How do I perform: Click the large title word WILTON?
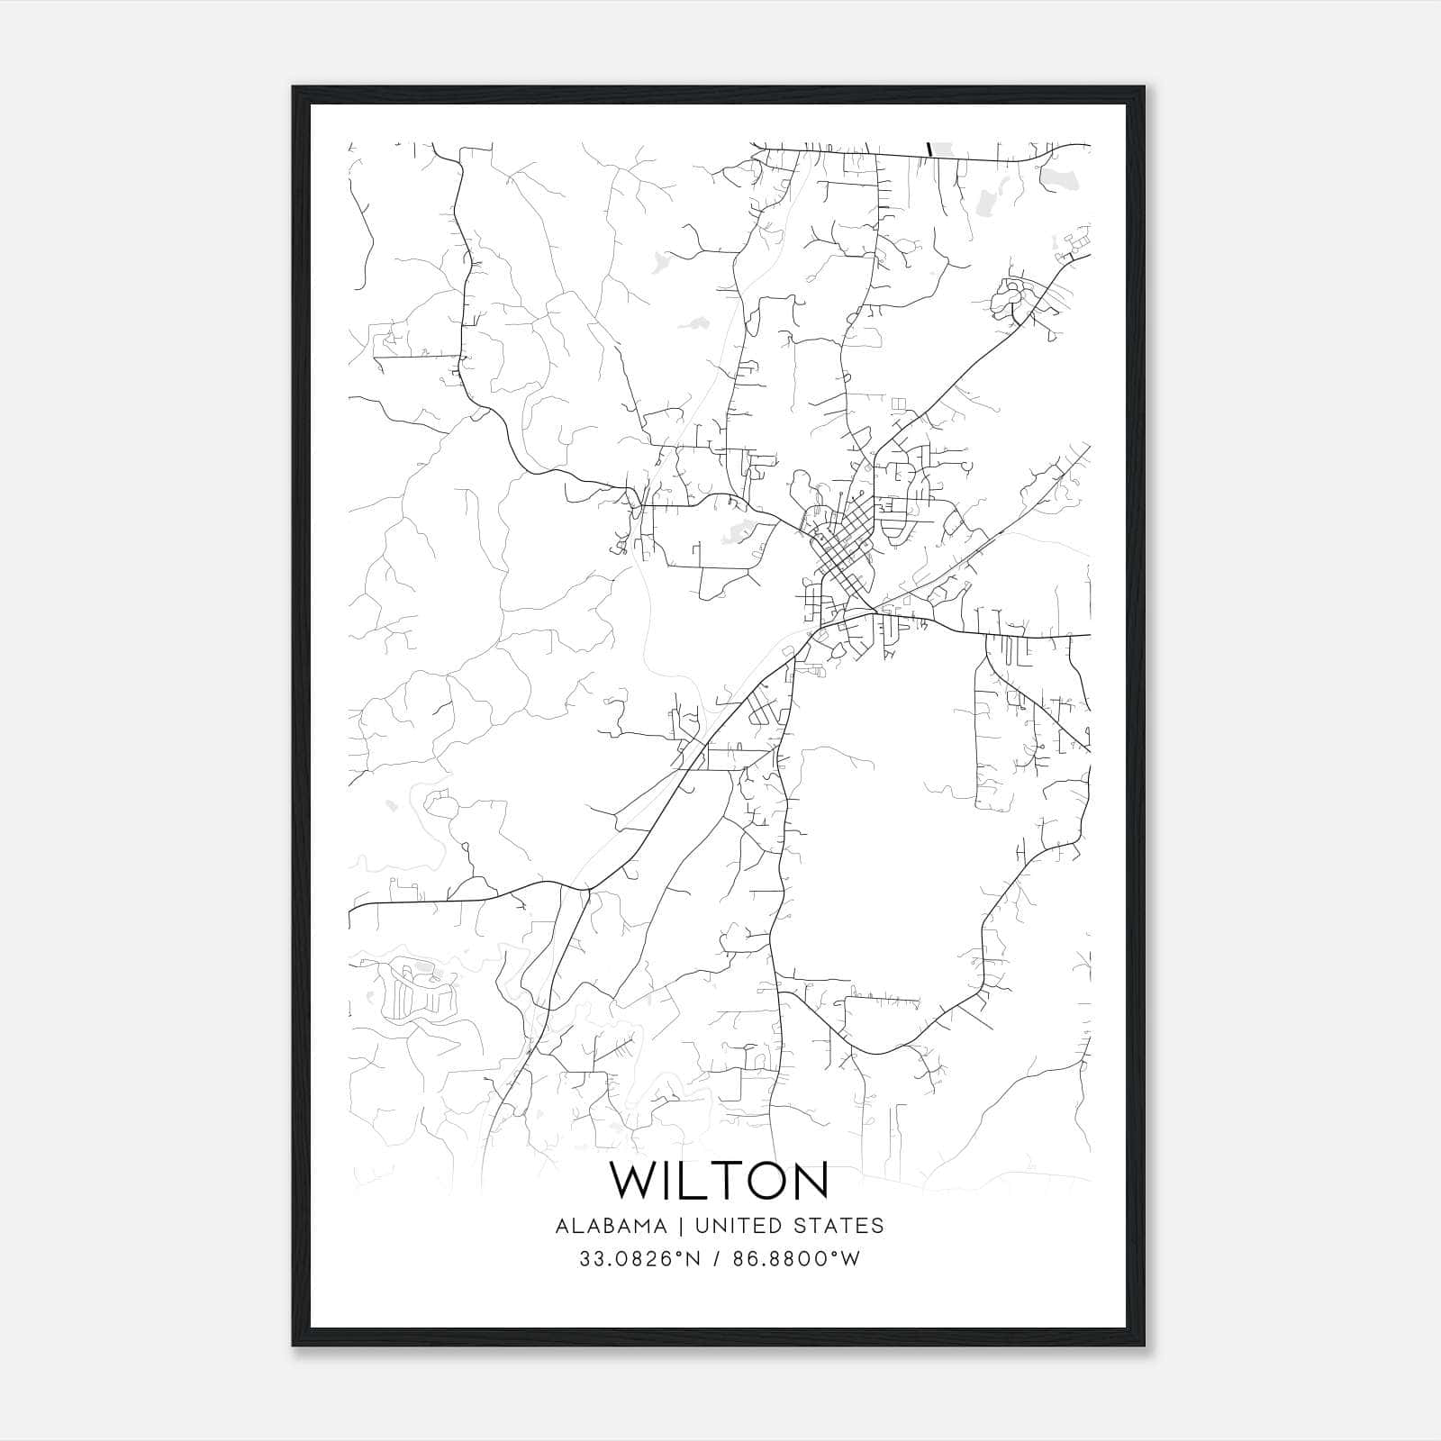[x=720, y=1182]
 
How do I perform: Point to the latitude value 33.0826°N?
[x=639, y=1259]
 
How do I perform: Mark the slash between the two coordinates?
[x=714, y=1259]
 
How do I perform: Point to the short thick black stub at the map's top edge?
[x=928, y=149]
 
